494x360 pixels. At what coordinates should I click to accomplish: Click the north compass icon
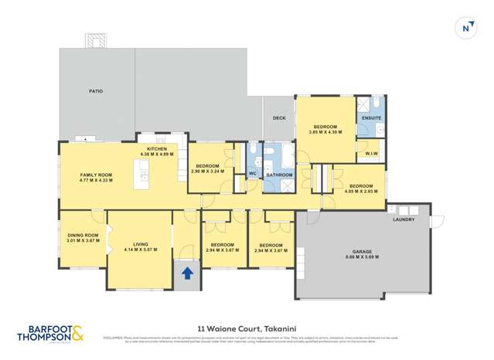(465, 29)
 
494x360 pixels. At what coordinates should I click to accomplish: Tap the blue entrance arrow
(186, 273)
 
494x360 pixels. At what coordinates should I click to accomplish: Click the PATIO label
(96, 91)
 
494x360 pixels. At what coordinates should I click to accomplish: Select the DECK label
(279, 117)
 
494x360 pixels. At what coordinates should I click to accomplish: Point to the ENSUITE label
(372, 117)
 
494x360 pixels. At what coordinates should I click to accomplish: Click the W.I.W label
(371, 153)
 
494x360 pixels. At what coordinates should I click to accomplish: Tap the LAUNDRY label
(404, 219)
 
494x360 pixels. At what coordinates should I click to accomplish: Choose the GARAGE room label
(363, 252)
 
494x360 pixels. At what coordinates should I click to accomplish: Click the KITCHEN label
(157, 148)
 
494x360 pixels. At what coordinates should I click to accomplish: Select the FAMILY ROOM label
(96, 175)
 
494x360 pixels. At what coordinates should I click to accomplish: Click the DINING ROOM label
(82, 235)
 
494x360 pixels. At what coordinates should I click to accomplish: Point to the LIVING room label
(140, 243)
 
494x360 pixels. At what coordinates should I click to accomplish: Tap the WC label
(252, 174)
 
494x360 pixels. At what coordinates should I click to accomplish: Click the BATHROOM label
(278, 175)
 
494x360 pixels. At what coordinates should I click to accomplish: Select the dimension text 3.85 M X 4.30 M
(325, 132)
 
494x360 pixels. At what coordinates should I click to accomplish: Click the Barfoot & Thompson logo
(51, 334)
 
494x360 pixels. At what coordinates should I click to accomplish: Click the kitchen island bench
(141, 179)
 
